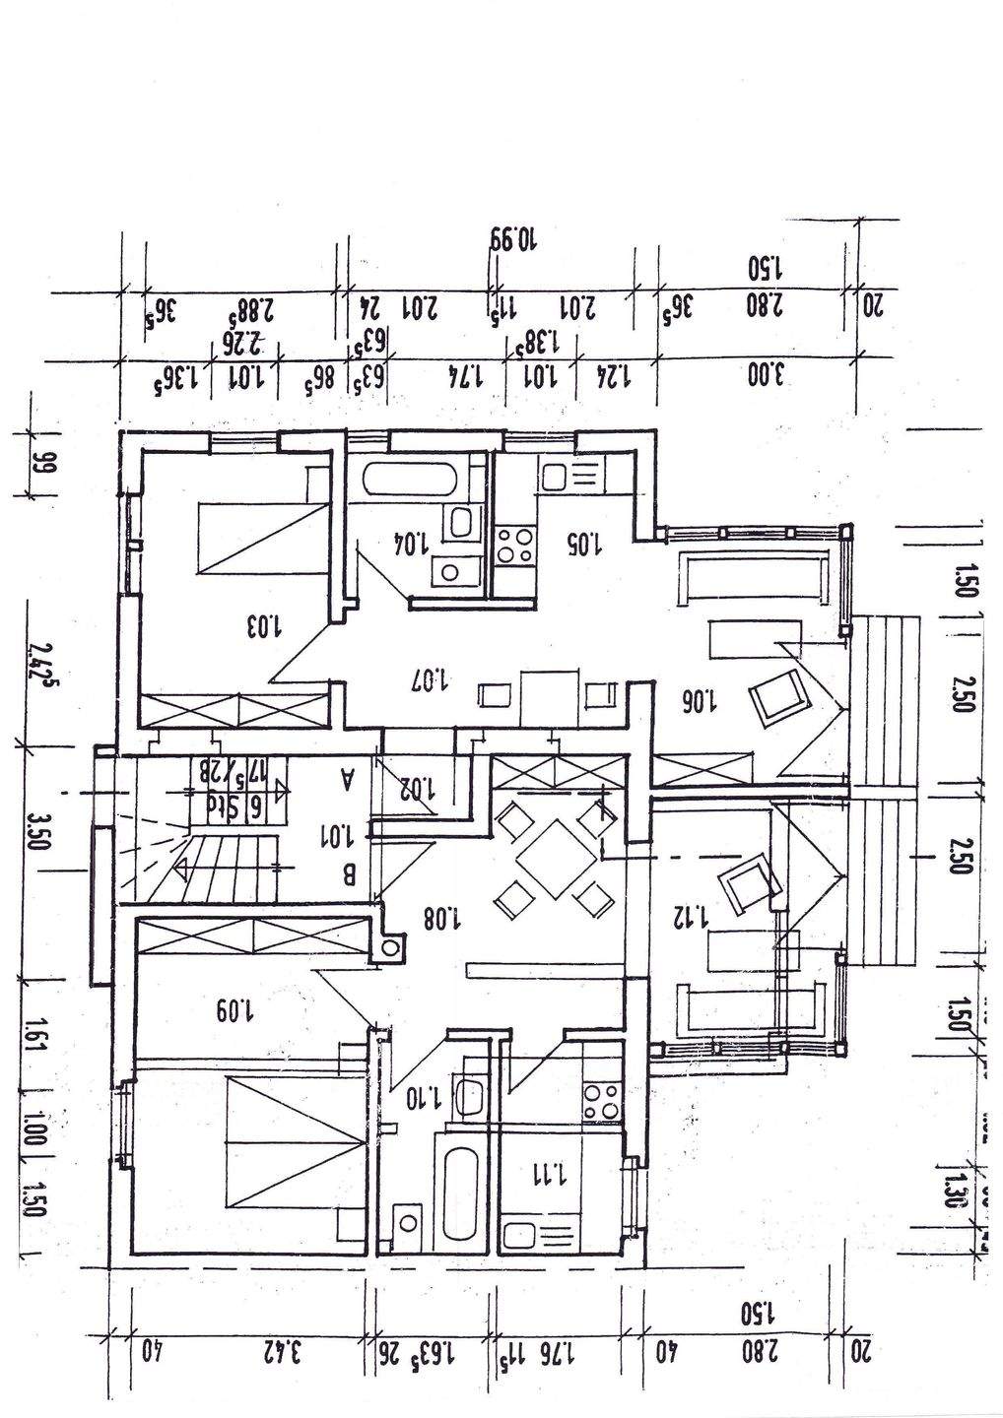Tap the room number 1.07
tap(432, 679)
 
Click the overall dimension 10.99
tap(512, 239)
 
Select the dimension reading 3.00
tap(766, 376)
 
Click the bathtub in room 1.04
tap(410, 481)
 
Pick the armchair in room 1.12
tap(750, 881)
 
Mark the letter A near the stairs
tap(346, 780)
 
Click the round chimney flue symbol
tap(392, 948)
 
